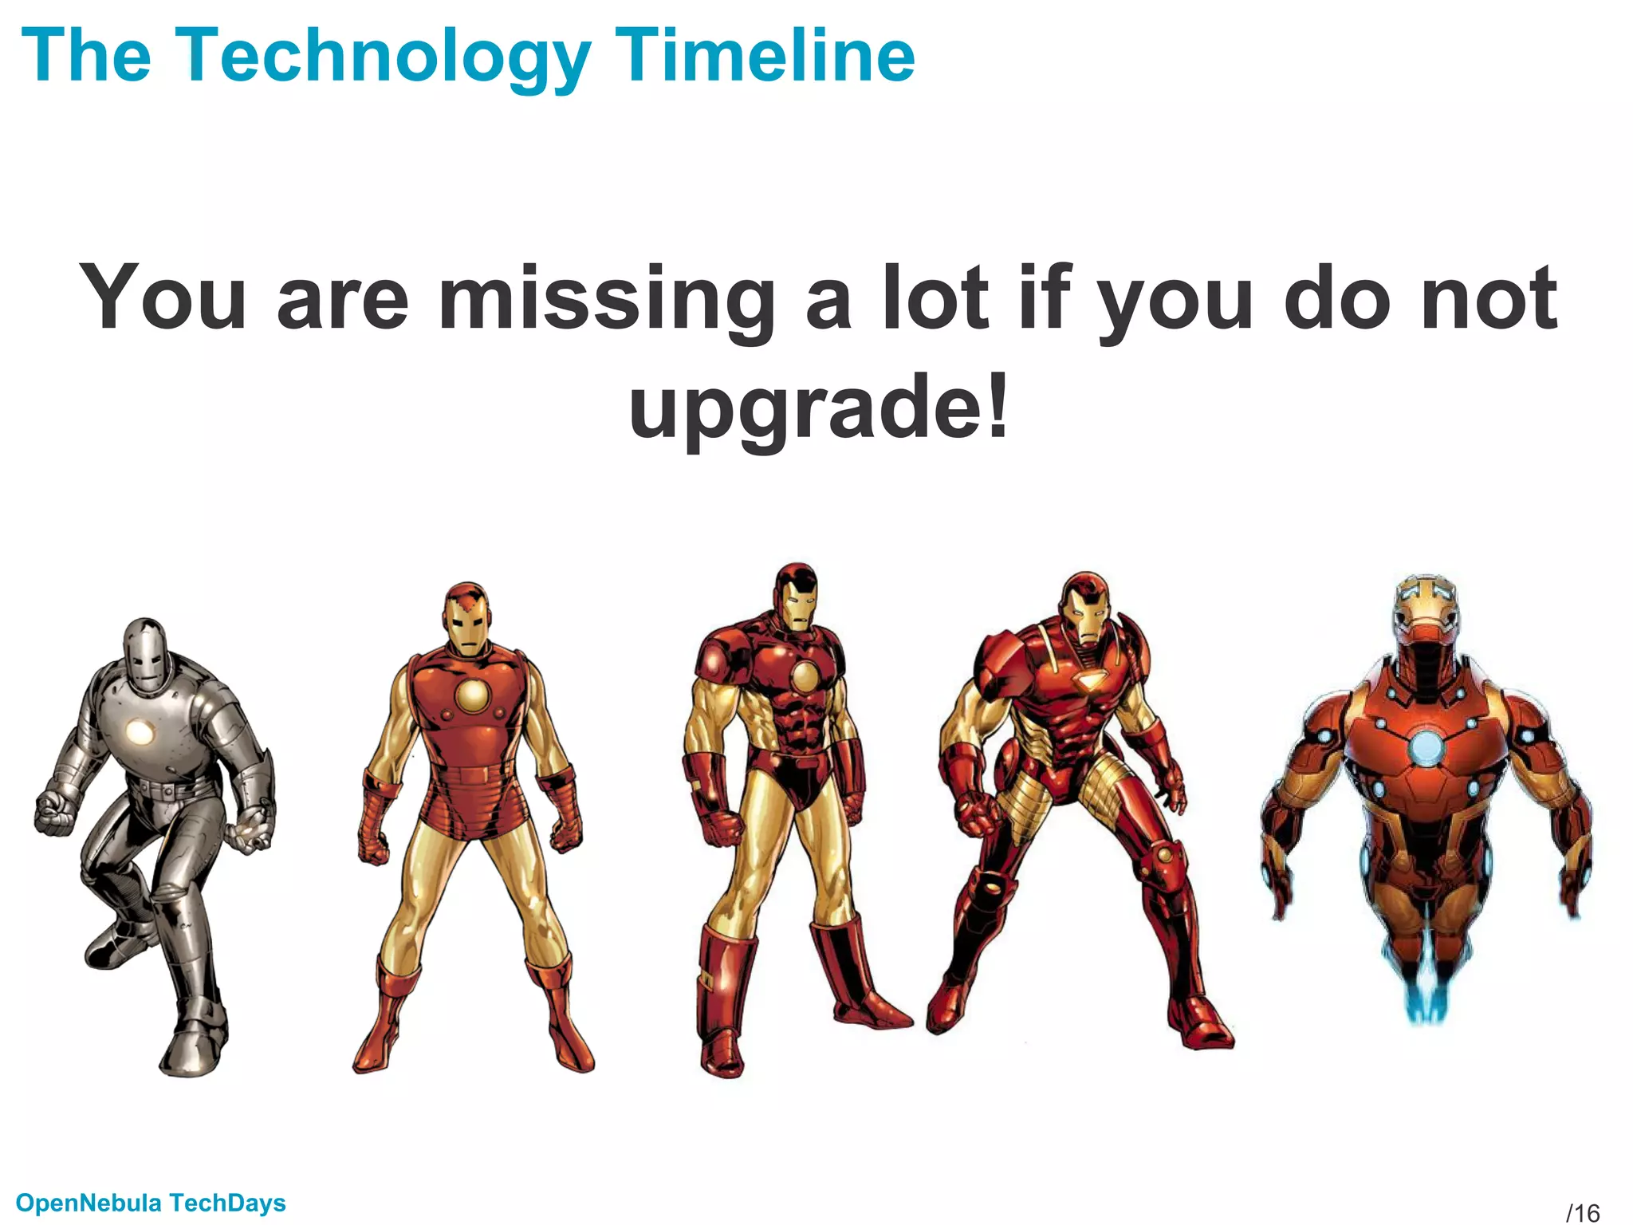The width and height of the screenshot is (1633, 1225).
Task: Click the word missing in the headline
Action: pyautogui.click(x=607, y=299)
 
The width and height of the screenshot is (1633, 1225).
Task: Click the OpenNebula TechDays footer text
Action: pyautogui.click(x=151, y=1203)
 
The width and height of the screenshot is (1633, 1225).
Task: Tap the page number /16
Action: pyautogui.click(x=1583, y=1213)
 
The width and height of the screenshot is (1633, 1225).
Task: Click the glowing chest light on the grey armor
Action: pyautogui.click(x=140, y=732)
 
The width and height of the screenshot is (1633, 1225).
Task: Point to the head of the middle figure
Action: pyautogui.click(x=797, y=597)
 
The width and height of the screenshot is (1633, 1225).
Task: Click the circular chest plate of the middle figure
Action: pyautogui.click(x=805, y=678)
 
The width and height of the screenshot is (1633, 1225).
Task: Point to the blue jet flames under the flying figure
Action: pyautogui.click(x=1426, y=997)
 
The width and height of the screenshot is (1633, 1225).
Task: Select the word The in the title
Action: pyautogui.click(x=86, y=56)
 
